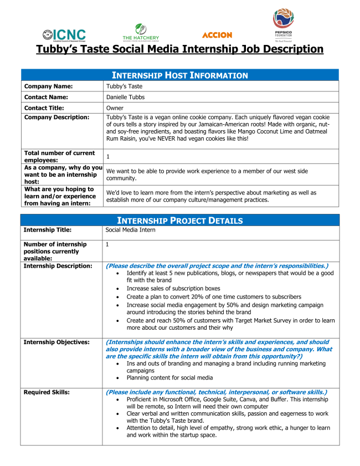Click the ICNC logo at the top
(64, 34)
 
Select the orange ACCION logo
(217, 35)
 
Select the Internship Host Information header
(180, 75)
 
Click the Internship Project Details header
(180, 221)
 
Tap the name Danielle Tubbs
(125, 97)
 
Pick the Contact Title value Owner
(115, 108)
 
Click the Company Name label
(48, 86)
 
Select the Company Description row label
(56, 117)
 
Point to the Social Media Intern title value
(130, 229)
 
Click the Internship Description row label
(58, 266)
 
